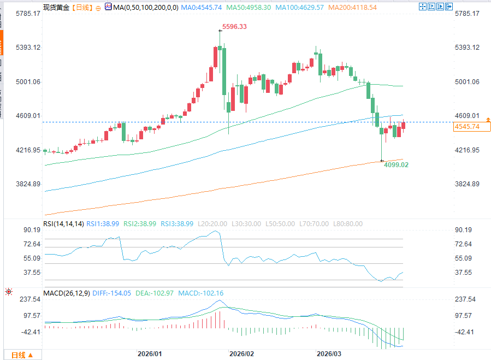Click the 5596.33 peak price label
[234, 27]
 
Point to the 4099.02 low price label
[397, 164]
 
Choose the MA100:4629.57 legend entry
[307, 7]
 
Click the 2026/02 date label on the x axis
[242, 353]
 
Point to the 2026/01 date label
[150, 353]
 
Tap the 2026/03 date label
[330, 353]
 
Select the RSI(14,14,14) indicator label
[64, 224]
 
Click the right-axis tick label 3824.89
[467, 184]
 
